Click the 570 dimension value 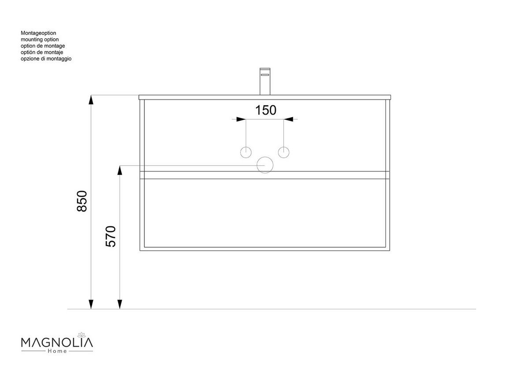[x=110, y=236]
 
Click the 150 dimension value [x=266, y=110]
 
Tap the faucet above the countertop [x=264, y=81]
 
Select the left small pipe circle [x=246, y=152]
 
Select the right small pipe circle [x=283, y=152]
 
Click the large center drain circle [x=265, y=165]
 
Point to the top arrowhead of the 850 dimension [x=91, y=100]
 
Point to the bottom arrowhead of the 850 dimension [x=91, y=304]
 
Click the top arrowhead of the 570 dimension [x=119, y=170]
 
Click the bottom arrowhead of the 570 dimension [x=119, y=304]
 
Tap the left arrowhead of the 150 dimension [x=241, y=119]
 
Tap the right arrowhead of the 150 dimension [x=288, y=119]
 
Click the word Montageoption [x=38, y=33]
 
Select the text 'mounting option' [x=40, y=40]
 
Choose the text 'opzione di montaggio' [x=46, y=59]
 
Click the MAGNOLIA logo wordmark [x=57, y=342]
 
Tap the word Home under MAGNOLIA [x=57, y=351]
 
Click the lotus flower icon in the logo [x=81, y=334]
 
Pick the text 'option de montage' [x=43, y=46]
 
